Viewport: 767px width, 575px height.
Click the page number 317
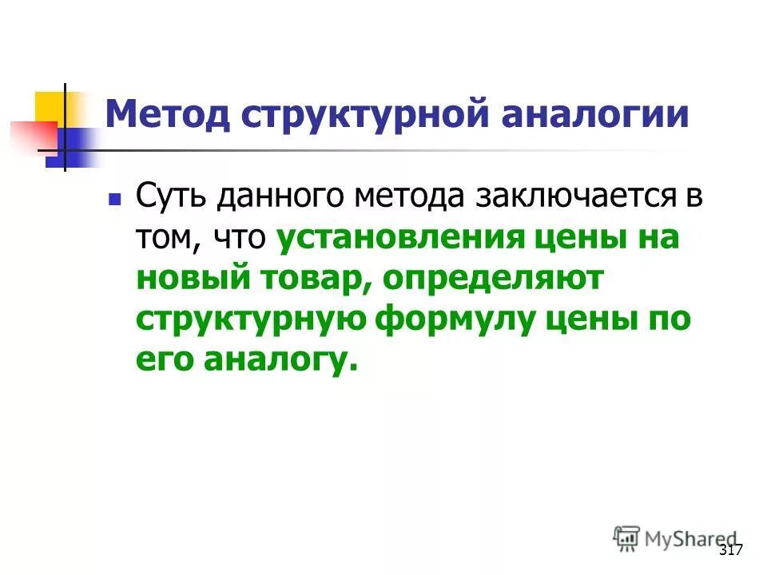click(x=730, y=550)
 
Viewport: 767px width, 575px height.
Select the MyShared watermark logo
click(x=676, y=538)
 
